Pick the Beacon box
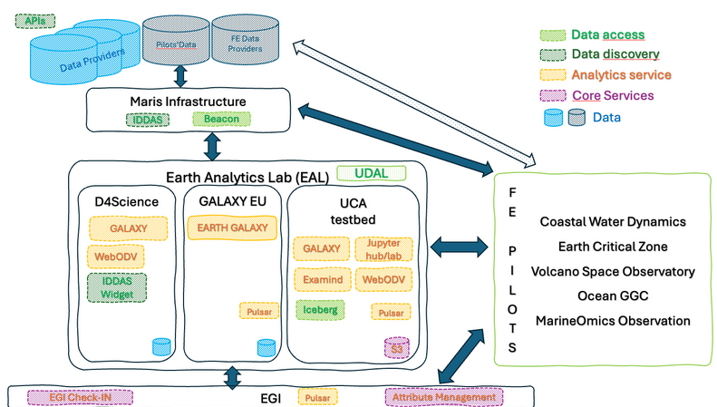pos(220,120)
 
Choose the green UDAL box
pos(370,172)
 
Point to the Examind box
pos(322,280)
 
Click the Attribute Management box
pos(443,396)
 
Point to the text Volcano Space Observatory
pos(613,271)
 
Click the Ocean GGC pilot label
pos(613,296)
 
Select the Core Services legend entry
pos(612,95)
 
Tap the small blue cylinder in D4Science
pos(161,346)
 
